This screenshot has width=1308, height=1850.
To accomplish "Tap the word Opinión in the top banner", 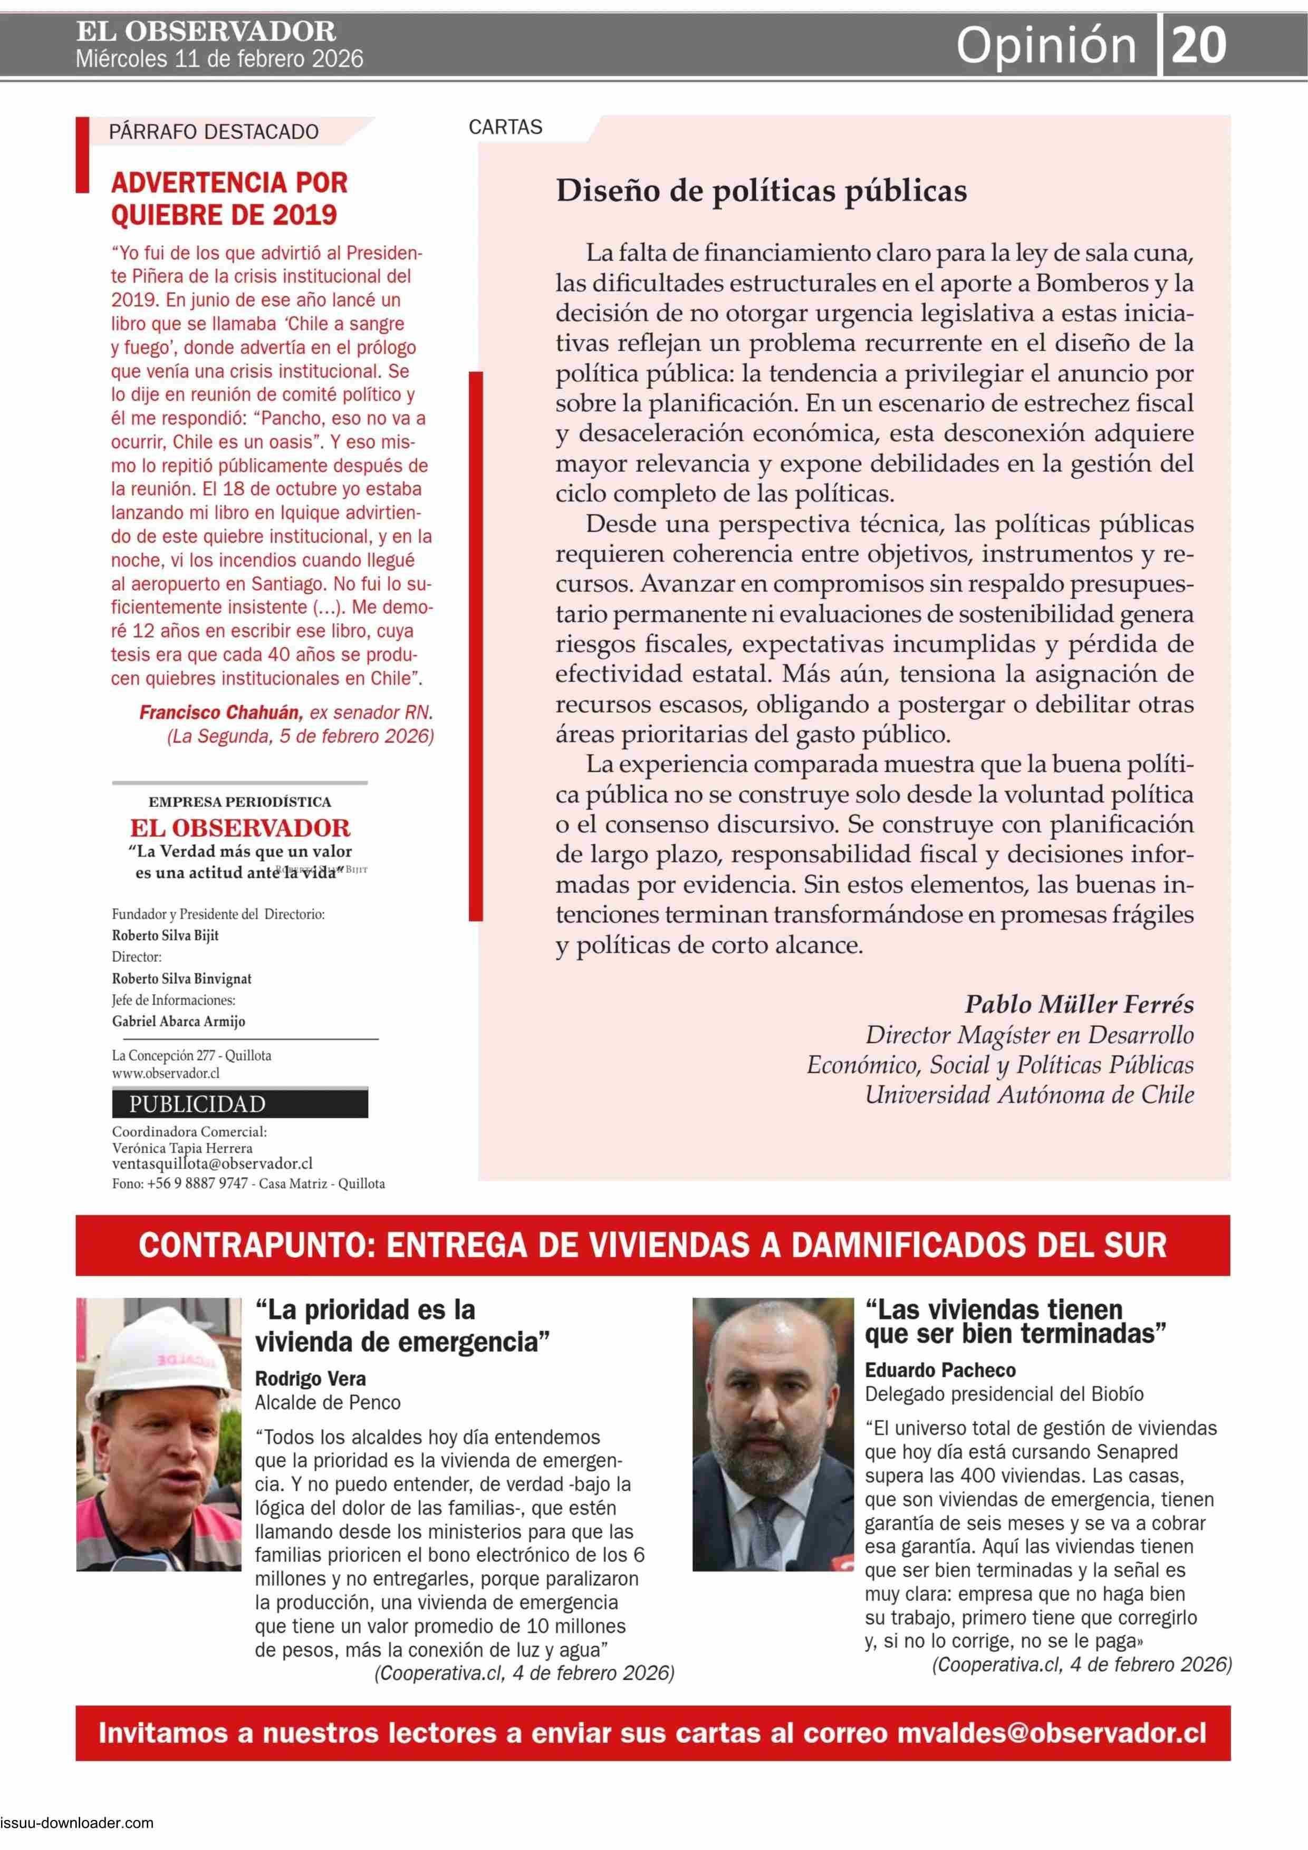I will (1045, 46).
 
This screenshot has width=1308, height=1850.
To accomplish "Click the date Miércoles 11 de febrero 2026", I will (219, 60).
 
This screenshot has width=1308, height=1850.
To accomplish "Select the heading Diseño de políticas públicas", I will (761, 191).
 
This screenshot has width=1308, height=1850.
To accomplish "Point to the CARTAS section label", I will (505, 127).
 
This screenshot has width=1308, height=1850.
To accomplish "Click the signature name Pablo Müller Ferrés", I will (1079, 1004).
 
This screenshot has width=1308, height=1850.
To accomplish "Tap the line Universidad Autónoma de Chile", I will (1029, 1094).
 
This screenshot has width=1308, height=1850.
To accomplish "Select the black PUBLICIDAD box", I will (239, 1103).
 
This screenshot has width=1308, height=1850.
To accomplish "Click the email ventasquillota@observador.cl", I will (212, 1163).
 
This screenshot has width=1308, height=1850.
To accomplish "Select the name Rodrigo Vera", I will (310, 1379).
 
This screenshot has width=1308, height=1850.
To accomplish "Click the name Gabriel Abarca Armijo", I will (178, 1021).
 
